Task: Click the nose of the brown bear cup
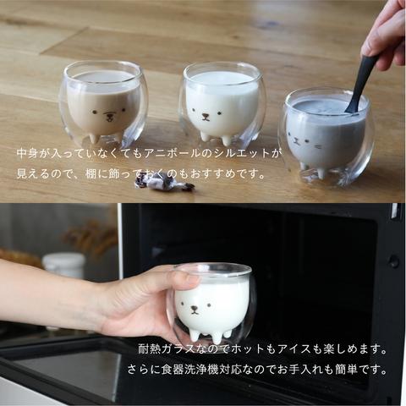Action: [108, 116]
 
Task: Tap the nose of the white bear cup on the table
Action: [206, 115]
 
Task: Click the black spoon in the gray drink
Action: [359, 84]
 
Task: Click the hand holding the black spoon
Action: [387, 36]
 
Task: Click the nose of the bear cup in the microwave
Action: [194, 310]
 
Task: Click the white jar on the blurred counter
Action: [63, 265]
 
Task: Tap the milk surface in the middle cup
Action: [222, 79]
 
